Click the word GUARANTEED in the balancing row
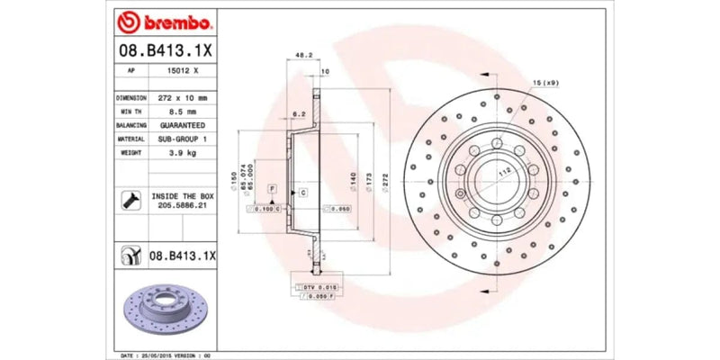tap(182, 125)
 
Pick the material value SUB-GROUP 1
tap(182, 139)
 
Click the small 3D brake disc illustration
tap(163, 307)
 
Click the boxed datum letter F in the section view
tap(271, 187)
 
